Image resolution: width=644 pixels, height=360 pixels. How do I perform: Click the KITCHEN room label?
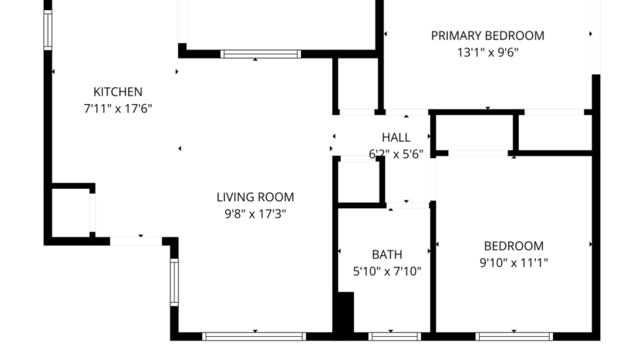(x=117, y=92)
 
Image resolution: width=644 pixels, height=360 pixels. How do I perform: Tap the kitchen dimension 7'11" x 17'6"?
(x=117, y=109)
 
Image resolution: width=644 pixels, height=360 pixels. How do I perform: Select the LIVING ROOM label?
(x=255, y=197)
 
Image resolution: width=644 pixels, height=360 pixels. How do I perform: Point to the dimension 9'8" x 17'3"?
(x=255, y=214)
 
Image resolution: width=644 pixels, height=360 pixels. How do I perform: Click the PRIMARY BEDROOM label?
(x=487, y=35)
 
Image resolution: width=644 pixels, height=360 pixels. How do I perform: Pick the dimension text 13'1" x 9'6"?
(x=487, y=52)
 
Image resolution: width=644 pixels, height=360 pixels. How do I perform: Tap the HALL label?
(x=396, y=137)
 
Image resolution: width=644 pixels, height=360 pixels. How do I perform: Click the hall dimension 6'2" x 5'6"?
(x=396, y=153)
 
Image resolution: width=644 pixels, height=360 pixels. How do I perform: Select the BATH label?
(x=386, y=254)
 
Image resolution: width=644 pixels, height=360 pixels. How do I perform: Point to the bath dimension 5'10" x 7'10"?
(x=386, y=271)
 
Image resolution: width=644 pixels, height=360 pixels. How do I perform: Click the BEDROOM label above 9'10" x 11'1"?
(x=513, y=246)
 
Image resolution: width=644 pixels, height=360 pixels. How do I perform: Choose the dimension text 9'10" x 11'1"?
(x=513, y=263)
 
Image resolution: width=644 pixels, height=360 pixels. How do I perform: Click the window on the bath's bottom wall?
(x=394, y=336)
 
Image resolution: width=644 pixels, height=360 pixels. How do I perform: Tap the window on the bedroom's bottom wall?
(x=514, y=336)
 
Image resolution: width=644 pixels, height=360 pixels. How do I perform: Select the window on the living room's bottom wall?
(x=254, y=336)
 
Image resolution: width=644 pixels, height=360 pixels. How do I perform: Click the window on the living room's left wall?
(x=174, y=282)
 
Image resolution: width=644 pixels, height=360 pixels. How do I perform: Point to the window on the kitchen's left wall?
(x=48, y=30)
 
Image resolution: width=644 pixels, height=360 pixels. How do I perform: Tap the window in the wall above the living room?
(x=260, y=54)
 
